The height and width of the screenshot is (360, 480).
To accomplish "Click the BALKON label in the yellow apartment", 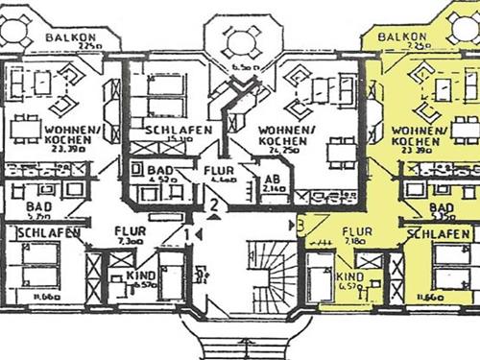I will click(401, 36).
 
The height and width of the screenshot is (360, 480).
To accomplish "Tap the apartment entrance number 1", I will click(186, 232).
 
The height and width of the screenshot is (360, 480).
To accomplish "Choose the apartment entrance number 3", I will click(301, 226).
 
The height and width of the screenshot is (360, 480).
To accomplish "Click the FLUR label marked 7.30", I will click(131, 231).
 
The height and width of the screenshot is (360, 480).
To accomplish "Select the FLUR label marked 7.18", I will click(357, 231).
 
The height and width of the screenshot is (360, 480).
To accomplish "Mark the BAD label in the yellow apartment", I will click(441, 207).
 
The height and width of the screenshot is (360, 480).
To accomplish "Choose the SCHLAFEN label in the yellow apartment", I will click(439, 233).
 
